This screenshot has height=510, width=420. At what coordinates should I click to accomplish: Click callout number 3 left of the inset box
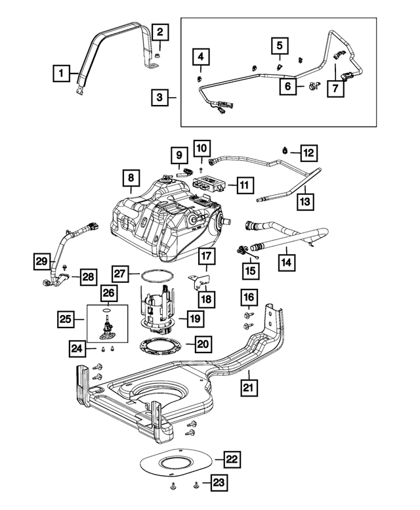[159, 98]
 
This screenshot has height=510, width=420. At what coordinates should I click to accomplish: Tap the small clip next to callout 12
[286, 152]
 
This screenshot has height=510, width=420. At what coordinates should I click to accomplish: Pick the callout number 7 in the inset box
[335, 87]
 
